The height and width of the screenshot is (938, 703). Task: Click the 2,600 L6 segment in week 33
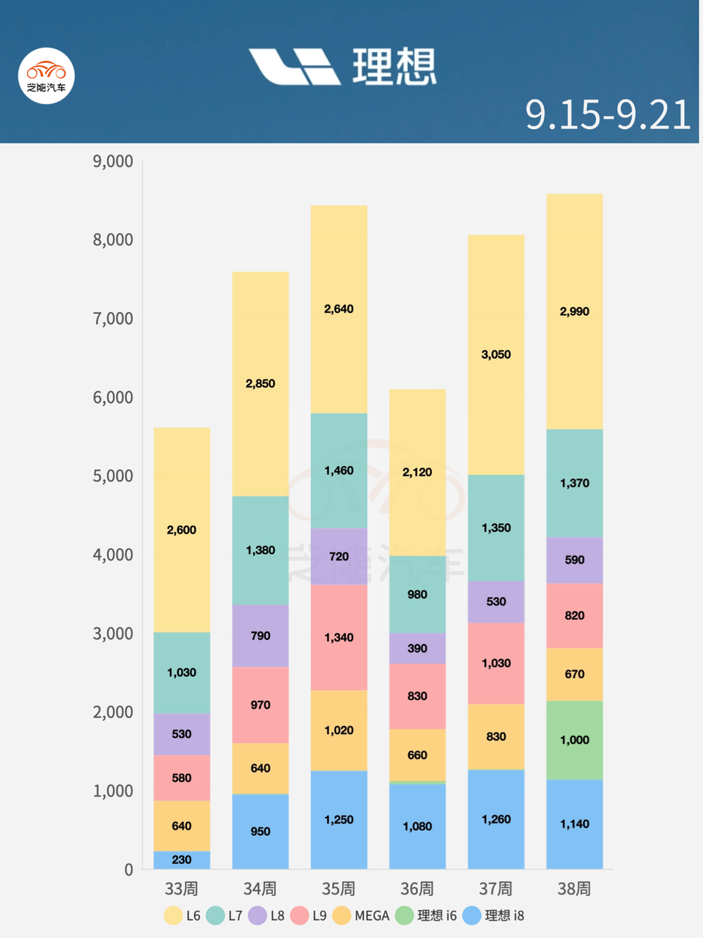[x=182, y=530]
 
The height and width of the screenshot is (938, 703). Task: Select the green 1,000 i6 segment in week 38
[x=574, y=740]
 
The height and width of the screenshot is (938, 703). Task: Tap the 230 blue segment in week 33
[x=182, y=860]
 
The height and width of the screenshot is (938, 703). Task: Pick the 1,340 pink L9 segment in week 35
[x=339, y=638]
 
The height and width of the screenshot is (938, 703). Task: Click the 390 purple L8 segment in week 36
[x=417, y=649]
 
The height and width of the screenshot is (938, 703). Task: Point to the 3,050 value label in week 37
[x=496, y=355]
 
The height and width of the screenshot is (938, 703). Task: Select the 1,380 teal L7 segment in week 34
[x=260, y=550]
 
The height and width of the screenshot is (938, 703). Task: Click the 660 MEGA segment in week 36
[x=417, y=755]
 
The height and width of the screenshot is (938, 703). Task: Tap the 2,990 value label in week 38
[x=574, y=311]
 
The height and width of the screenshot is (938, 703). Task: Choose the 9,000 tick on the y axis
[x=113, y=161]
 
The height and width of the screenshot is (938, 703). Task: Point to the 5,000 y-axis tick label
[x=113, y=476]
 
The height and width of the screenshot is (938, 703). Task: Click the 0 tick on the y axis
[x=129, y=870]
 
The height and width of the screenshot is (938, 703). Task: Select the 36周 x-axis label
[x=417, y=889]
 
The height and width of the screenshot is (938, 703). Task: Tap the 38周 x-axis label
[x=574, y=889]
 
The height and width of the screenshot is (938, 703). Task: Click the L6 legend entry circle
[x=173, y=915]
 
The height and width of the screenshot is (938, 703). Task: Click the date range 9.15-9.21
[x=608, y=115]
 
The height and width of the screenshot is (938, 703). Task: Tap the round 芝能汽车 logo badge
[x=46, y=75]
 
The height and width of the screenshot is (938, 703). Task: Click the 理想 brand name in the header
[x=394, y=67]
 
